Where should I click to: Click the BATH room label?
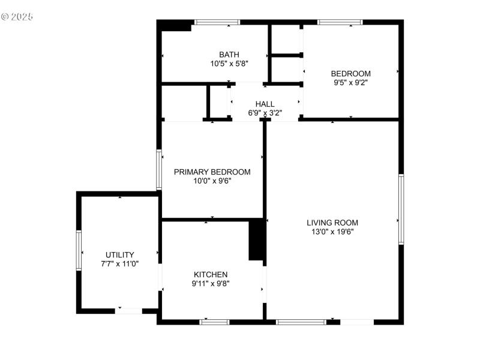pos(229,54)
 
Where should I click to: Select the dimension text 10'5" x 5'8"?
pos(229,63)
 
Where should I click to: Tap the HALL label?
pos(265,104)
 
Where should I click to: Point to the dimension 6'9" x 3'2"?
pos(265,113)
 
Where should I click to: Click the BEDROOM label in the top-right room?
pos(351,74)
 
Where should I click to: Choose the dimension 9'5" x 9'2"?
pos(351,83)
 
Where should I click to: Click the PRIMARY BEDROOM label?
pos(212,172)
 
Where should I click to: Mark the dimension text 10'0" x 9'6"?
pos(212,181)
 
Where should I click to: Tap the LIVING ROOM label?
pos(332,223)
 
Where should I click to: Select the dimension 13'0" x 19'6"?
pos(332,232)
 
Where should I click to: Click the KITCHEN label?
pos(210,274)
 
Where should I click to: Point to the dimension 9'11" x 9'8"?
pos(210,283)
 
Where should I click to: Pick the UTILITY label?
pos(120,254)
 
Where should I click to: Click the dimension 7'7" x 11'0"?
pos(120,263)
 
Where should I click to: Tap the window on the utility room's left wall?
pos(79,250)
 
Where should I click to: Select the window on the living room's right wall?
pos(401,209)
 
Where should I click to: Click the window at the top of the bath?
pos(217,22)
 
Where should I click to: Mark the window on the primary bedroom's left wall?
pos(159,170)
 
